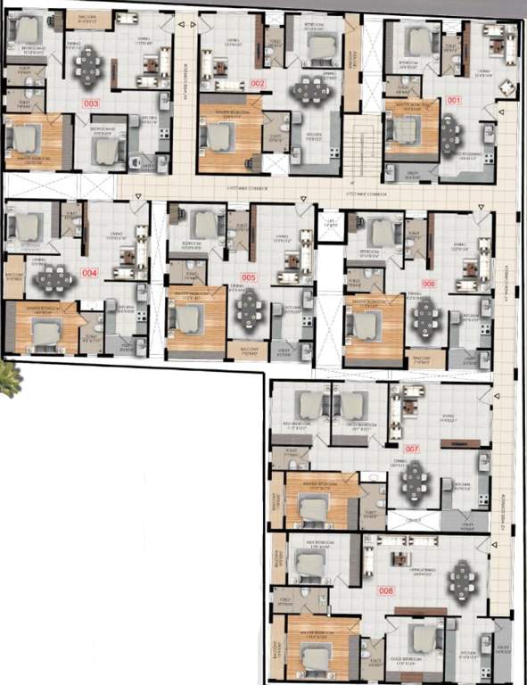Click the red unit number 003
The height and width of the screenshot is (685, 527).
point(91,103)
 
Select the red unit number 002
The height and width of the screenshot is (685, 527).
point(259,83)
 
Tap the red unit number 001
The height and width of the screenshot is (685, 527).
point(454,100)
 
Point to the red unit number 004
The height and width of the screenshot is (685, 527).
point(89,273)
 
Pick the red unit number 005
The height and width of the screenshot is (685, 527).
point(249,278)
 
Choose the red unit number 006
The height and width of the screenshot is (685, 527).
point(429,283)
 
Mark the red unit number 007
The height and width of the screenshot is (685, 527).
point(412,449)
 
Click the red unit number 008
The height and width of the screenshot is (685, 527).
point(386,590)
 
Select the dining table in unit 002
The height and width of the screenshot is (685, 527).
point(312,89)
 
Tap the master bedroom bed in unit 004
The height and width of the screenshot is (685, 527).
point(45,332)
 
